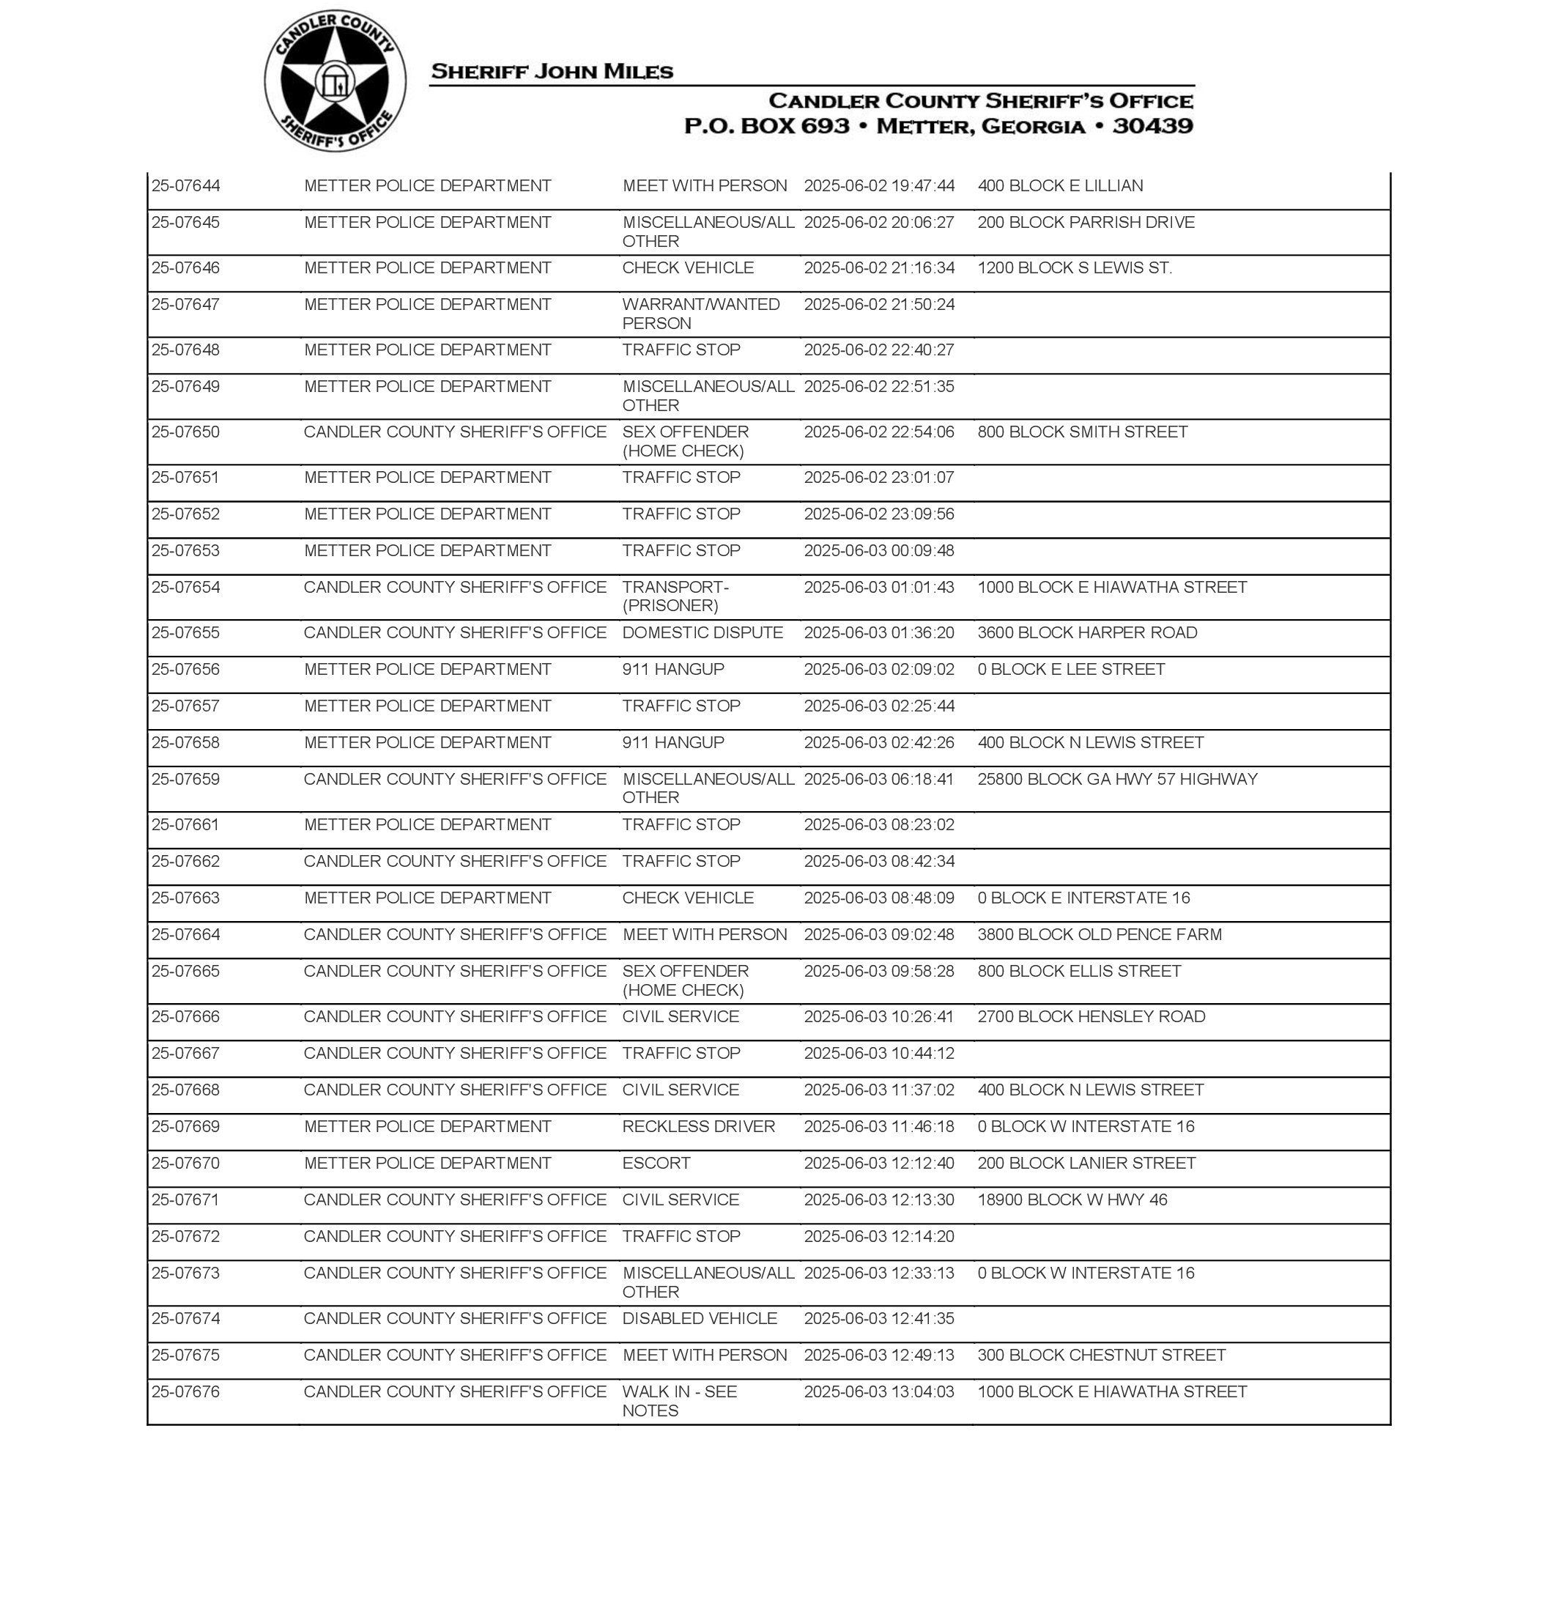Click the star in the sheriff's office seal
pyautogui.click(x=335, y=81)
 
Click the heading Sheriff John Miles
pyautogui.click(x=552, y=72)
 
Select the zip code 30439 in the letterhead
pyautogui.click(x=1152, y=126)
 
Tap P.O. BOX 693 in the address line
pyautogui.click(x=766, y=126)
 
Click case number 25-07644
pyautogui.click(x=186, y=186)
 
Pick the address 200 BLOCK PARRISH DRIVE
pyautogui.click(x=1086, y=223)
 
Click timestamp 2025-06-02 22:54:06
pyautogui.click(x=878, y=432)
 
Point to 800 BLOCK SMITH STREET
pyautogui.click(x=1082, y=432)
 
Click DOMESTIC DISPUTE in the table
pyautogui.click(x=702, y=633)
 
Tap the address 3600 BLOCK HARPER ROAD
pyautogui.click(x=1086, y=633)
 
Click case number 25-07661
pyautogui.click(x=186, y=825)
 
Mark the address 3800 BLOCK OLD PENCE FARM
pyautogui.click(x=1099, y=935)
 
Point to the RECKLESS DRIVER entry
pyautogui.click(x=698, y=1127)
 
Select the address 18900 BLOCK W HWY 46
pyautogui.click(x=1072, y=1200)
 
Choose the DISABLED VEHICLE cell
pyautogui.click(x=699, y=1318)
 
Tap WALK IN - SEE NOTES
pyautogui.click(x=679, y=1402)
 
